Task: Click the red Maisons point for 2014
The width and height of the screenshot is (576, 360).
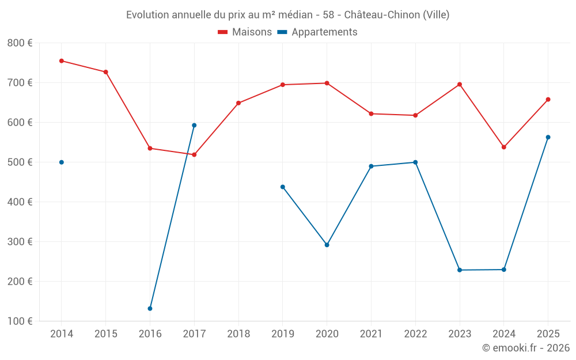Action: pyautogui.click(x=62, y=61)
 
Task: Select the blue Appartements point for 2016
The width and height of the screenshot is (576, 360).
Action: pyautogui.click(x=150, y=309)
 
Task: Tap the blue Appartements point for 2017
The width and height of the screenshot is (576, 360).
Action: pyautogui.click(x=194, y=125)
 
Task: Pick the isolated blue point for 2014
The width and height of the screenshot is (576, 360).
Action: pyautogui.click(x=62, y=162)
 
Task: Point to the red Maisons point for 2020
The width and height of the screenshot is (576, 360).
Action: pyautogui.click(x=327, y=84)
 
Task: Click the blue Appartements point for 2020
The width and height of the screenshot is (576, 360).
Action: pyautogui.click(x=327, y=245)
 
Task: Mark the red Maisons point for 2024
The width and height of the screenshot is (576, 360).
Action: pyautogui.click(x=503, y=147)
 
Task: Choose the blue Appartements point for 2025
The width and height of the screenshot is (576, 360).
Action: pyautogui.click(x=548, y=137)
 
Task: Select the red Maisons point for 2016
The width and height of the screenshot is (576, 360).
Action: pyautogui.click(x=150, y=149)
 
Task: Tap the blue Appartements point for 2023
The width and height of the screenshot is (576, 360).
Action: pyautogui.click(x=460, y=270)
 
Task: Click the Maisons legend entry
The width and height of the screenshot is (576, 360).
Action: pyautogui.click(x=245, y=32)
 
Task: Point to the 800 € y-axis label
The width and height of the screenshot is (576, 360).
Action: pyautogui.click(x=20, y=43)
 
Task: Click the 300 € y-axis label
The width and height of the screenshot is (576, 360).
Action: pyautogui.click(x=20, y=242)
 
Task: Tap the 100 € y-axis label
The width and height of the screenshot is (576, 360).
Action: pyautogui.click(x=20, y=321)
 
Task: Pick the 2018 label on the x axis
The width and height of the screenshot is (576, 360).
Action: pyautogui.click(x=238, y=334)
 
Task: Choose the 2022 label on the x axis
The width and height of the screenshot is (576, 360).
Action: pyautogui.click(x=415, y=334)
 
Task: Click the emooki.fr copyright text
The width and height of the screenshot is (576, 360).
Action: pyautogui.click(x=525, y=348)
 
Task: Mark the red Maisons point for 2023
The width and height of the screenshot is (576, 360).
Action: pyautogui.click(x=460, y=85)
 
